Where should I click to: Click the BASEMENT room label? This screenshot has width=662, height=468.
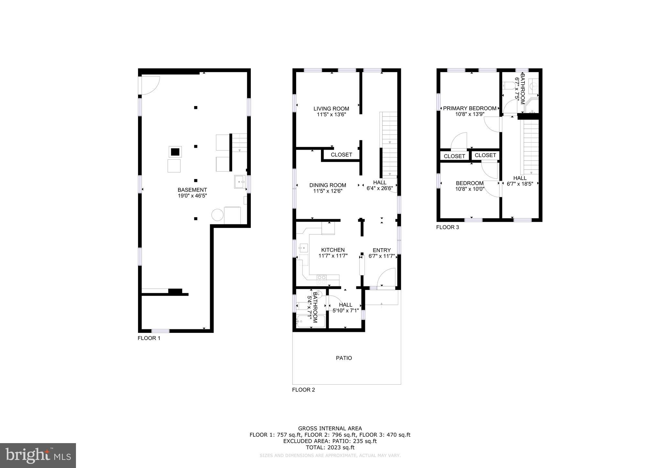(x=192, y=190)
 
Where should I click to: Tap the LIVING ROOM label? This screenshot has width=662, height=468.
(x=331, y=109)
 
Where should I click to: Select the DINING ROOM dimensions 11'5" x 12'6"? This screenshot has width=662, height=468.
(x=327, y=191)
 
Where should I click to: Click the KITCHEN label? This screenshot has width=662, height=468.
(x=333, y=250)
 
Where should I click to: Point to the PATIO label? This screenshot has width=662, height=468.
(x=344, y=358)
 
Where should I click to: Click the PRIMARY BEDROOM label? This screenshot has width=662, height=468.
(x=469, y=108)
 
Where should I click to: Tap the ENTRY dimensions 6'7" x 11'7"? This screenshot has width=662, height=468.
(x=382, y=256)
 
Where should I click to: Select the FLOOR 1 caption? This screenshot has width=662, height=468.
(x=149, y=338)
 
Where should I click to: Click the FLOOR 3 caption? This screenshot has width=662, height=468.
(x=447, y=227)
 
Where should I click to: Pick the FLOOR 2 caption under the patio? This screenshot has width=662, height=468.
(x=303, y=390)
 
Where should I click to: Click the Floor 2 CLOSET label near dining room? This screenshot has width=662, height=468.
(x=341, y=155)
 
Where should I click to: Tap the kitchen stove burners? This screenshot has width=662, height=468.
(x=322, y=280)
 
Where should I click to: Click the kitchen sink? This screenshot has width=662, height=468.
(x=303, y=248)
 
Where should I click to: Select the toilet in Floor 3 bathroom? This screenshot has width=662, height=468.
(x=509, y=86)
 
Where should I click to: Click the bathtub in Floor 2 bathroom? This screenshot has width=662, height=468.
(x=311, y=321)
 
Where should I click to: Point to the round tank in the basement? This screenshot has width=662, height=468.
(x=217, y=215)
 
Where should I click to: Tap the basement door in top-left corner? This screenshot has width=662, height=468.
(x=150, y=85)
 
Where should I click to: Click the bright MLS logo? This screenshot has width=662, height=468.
(x=38, y=455)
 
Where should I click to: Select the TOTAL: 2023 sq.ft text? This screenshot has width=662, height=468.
(x=330, y=448)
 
